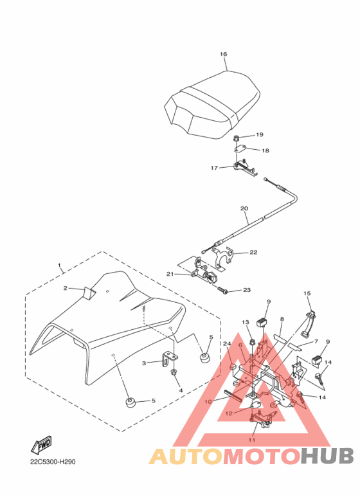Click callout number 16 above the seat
pyautogui.click(x=224, y=54)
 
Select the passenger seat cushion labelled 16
pyautogui.click(x=212, y=105)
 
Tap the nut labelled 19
pyautogui.click(x=237, y=138)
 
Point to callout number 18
pyautogui.click(x=265, y=150)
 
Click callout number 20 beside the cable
pyautogui.click(x=244, y=208)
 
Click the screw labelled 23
pyautogui.click(x=222, y=289)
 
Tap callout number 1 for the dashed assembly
pyautogui.click(x=59, y=265)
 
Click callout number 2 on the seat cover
pyautogui.click(x=66, y=288)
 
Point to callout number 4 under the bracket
pyautogui.click(x=181, y=390)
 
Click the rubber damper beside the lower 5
pyautogui.click(x=130, y=402)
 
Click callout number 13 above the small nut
pyautogui.click(x=246, y=322)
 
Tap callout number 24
pyautogui.click(x=227, y=343)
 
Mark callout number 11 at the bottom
pyautogui.click(x=252, y=440)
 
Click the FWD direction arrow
pyautogui.click(x=42, y=444)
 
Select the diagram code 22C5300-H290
pyautogui.click(x=53, y=462)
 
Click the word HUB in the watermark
pyautogui.click(x=327, y=456)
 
